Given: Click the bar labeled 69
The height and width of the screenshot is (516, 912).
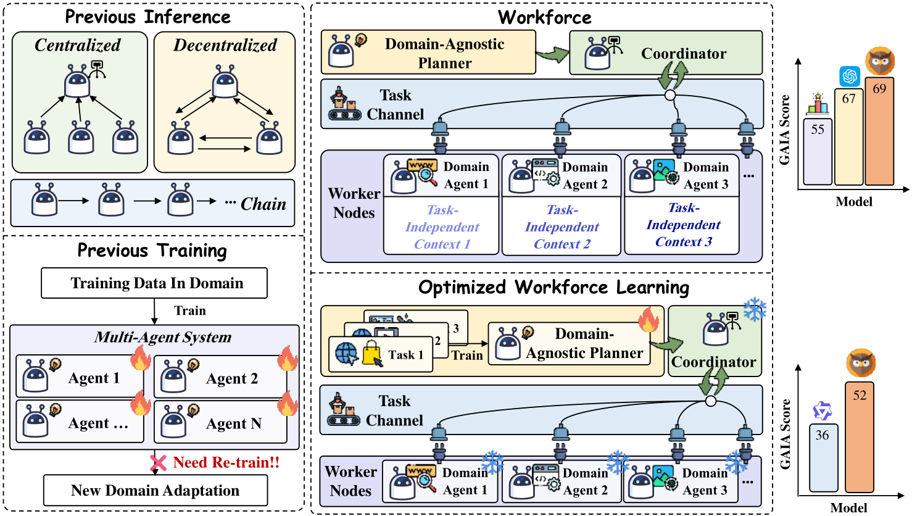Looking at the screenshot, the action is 879,131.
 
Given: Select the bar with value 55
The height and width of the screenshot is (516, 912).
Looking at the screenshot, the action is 818,151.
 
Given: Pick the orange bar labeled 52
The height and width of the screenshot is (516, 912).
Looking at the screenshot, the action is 860,437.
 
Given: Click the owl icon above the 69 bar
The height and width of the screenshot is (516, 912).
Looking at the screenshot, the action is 880,61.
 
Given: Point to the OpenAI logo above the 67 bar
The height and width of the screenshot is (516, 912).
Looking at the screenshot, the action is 850,76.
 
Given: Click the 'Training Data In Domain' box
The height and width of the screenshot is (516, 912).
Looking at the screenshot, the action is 154,283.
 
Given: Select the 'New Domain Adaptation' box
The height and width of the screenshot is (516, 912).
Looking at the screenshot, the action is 155,490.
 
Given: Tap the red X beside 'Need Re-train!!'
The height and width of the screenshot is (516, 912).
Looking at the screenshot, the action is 158,463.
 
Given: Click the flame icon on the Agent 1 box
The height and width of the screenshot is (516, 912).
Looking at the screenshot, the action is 141,358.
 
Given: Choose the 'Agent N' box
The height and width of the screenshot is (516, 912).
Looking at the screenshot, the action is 220,422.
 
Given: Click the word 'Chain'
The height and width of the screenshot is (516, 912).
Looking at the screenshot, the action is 263,204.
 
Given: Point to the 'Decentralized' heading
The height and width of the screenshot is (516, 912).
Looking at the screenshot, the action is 225,45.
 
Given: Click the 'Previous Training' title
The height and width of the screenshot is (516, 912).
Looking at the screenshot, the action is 152,250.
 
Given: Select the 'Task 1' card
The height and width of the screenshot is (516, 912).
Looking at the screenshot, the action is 380,354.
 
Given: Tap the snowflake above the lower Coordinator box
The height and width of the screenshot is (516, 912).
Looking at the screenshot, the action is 755,309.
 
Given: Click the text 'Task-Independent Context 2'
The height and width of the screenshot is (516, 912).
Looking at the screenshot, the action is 562,227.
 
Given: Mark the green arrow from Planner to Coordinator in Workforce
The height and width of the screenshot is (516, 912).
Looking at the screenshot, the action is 552,54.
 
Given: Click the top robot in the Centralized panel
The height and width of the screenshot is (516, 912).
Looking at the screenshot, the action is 77,81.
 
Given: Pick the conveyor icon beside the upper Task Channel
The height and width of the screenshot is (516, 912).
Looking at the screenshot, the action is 344,104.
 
